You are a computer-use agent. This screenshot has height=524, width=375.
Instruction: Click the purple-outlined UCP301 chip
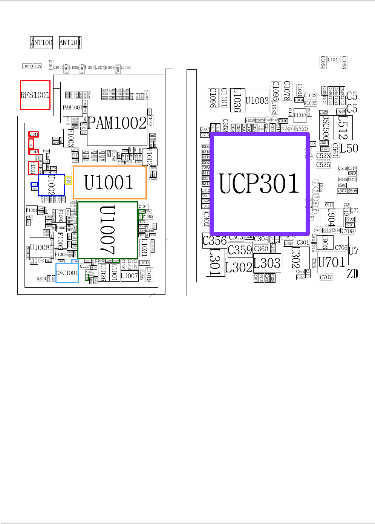[259, 184]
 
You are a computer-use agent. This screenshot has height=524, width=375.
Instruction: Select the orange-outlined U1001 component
[109, 182]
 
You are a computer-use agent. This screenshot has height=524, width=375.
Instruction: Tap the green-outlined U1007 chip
[108, 230]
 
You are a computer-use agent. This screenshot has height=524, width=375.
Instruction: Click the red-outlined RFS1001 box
[35, 95]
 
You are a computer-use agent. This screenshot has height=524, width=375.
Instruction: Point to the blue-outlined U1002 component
[51, 185]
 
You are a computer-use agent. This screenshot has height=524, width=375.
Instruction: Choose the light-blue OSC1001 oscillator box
[67, 273]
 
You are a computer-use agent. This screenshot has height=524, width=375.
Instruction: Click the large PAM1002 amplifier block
[117, 123]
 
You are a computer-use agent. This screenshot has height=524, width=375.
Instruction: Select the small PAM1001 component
[72, 107]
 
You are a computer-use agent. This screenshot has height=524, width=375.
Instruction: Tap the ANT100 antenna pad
[41, 42]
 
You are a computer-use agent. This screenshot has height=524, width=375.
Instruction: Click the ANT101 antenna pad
[70, 42]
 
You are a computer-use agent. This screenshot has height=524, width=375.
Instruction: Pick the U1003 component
[257, 101]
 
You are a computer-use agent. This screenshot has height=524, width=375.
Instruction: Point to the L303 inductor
[267, 263]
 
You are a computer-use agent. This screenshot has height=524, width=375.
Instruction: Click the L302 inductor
[239, 268]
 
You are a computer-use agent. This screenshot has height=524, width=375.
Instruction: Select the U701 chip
[331, 262]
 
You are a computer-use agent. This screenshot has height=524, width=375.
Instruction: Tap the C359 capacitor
[240, 250]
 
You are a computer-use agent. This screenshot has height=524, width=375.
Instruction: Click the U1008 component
[40, 248]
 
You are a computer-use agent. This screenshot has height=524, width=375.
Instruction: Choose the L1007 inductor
[129, 276]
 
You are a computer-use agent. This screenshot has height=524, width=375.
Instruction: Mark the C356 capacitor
[214, 241]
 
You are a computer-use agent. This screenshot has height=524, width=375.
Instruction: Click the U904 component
[331, 217]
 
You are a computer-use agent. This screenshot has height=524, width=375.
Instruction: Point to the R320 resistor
[301, 129]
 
